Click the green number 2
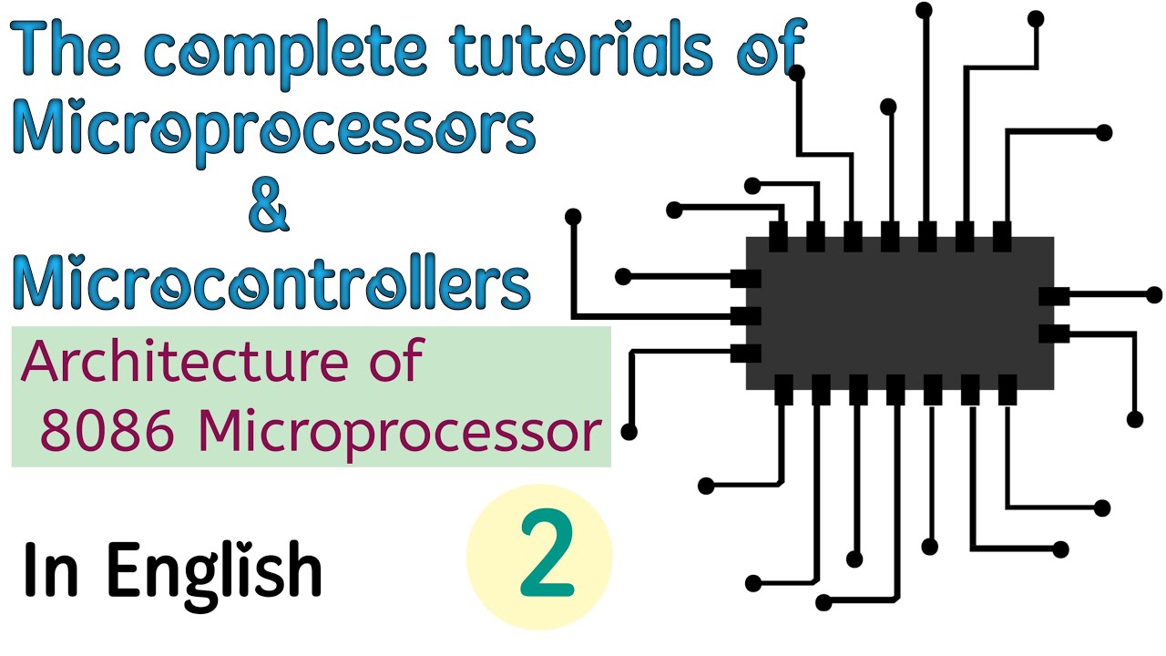(547, 557)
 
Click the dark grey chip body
(900, 313)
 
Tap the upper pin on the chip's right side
(1054, 296)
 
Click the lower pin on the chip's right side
(1054, 333)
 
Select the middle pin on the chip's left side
(746, 316)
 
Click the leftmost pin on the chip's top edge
(778, 237)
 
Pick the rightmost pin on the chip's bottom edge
(1007, 390)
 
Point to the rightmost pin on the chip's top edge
(1002, 237)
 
